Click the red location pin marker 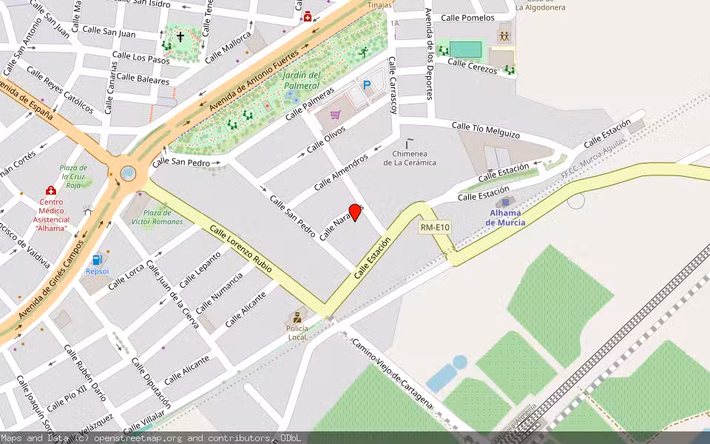pos(355,212)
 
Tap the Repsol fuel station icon pos(97,260)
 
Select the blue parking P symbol pos(366,86)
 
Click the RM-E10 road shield pos(435,228)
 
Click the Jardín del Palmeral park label pos(302,80)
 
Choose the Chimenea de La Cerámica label pos(410,158)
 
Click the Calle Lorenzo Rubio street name pos(240,250)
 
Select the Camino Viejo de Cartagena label pos(391,374)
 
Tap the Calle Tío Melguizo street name pos(486,130)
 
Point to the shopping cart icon pos(335,115)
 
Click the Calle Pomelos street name pos(467,18)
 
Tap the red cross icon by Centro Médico pos(51,191)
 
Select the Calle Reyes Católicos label pos(60,90)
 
